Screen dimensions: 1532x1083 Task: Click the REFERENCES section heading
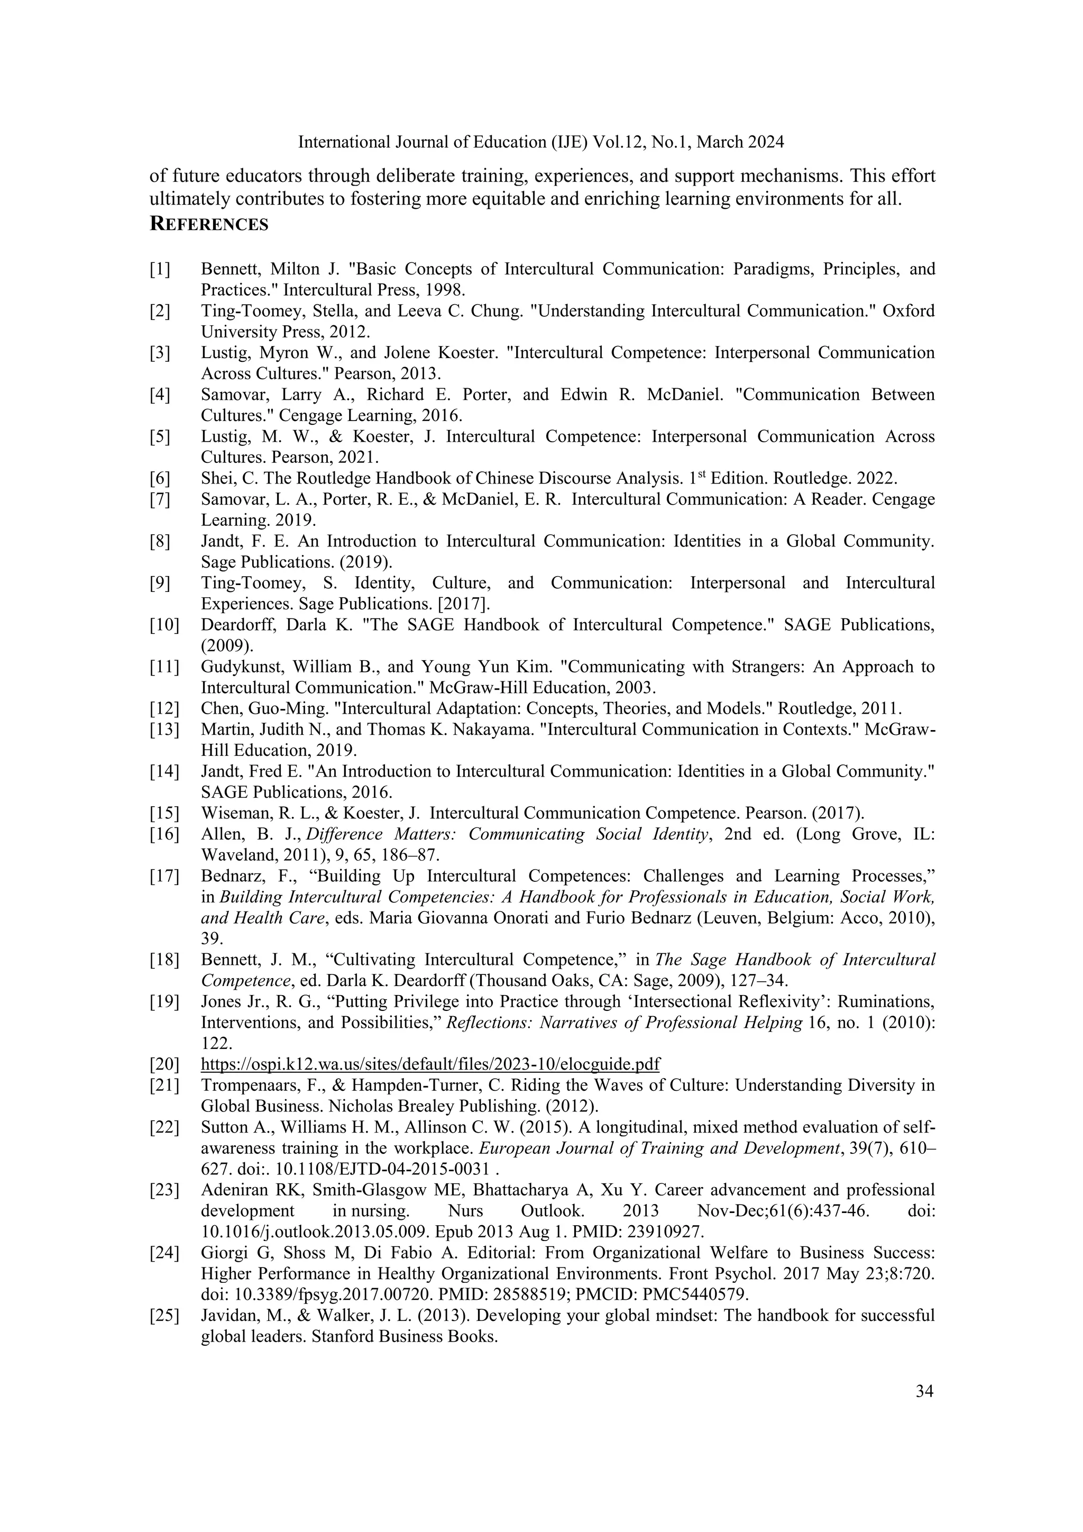(x=209, y=224)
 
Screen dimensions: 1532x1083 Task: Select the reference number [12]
(x=164, y=708)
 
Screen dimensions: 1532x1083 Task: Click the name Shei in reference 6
(x=214, y=478)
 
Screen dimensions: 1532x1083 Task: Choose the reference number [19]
(x=164, y=1001)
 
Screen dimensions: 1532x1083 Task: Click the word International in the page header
(x=339, y=142)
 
